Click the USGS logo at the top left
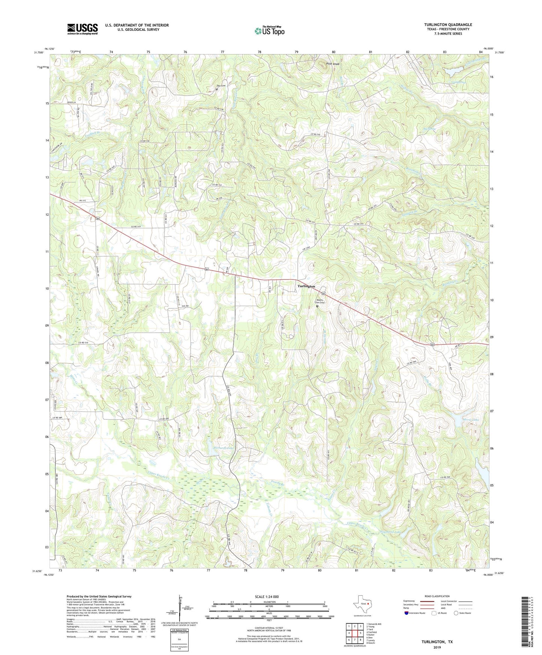click(82, 29)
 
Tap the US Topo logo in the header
click(269, 31)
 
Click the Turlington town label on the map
click(306, 286)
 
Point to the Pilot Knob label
click(332, 64)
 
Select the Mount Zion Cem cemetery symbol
click(317, 306)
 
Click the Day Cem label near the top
click(221, 86)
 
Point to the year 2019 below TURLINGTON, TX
click(437, 647)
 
